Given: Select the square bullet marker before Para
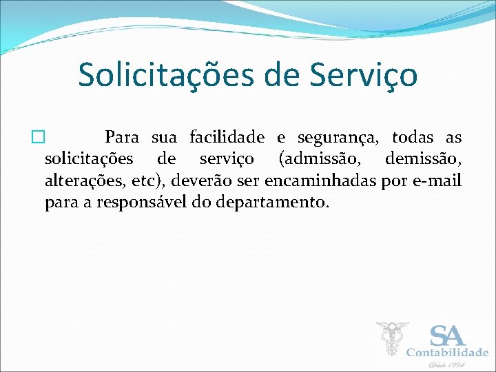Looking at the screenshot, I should pyautogui.click(x=38, y=138).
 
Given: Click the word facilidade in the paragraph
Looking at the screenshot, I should pyautogui.click(x=227, y=138).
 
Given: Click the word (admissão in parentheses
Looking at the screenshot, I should pyautogui.click(x=319, y=160).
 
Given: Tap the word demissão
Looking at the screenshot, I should pyautogui.click(x=423, y=159).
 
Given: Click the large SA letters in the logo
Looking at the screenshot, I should pyautogui.click(x=448, y=335).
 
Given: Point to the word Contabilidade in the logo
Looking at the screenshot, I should pyautogui.click(x=447, y=353).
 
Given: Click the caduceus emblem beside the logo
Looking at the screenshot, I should pyautogui.click(x=392, y=339).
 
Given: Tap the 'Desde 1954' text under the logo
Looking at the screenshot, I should pyautogui.click(x=447, y=365).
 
